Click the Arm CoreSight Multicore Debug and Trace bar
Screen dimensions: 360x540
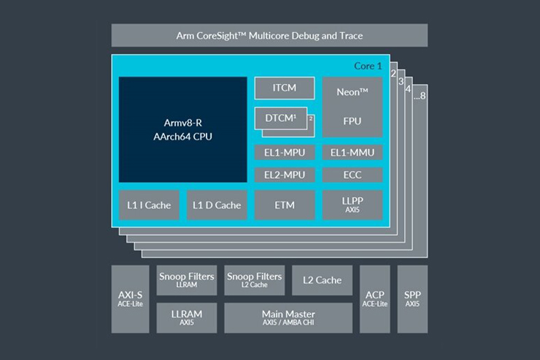(269, 35)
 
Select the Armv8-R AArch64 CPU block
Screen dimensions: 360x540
(183, 129)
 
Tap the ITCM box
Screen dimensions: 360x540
(285, 88)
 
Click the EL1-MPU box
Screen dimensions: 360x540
(285, 153)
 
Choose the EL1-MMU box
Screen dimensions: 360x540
(352, 153)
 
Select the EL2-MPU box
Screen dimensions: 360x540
(285, 175)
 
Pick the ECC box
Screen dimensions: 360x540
(352, 175)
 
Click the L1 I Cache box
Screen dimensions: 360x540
(149, 205)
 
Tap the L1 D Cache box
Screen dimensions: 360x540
(217, 205)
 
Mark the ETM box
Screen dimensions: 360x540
(285, 205)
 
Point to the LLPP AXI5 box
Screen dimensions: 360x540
(352, 205)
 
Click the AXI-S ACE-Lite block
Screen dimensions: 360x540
(131, 299)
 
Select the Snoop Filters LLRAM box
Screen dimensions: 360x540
(186, 280)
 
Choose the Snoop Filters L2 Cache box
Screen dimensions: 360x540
(254, 280)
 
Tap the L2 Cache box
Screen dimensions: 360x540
(323, 280)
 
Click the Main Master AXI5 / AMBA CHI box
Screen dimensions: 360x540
(288, 318)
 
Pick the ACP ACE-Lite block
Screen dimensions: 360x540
(375, 299)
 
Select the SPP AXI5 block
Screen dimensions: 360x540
(412, 299)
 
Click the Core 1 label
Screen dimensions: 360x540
(368, 66)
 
